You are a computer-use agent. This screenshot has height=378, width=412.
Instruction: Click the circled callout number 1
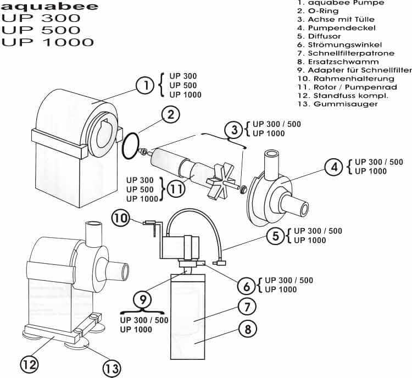click(x=145, y=85)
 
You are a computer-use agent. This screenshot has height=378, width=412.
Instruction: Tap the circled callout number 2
click(x=171, y=115)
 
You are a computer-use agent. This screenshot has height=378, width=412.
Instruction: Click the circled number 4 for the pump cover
click(x=333, y=166)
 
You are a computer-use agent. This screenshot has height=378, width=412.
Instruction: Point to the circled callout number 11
click(x=176, y=188)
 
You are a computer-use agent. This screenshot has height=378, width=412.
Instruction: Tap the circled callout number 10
click(x=121, y=218)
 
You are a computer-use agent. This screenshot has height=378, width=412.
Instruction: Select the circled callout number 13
click(x=112, y=368)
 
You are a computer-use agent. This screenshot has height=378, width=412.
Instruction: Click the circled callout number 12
click(x=30, y=364)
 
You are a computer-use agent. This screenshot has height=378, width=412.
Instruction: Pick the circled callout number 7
click(x=247, y=307)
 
